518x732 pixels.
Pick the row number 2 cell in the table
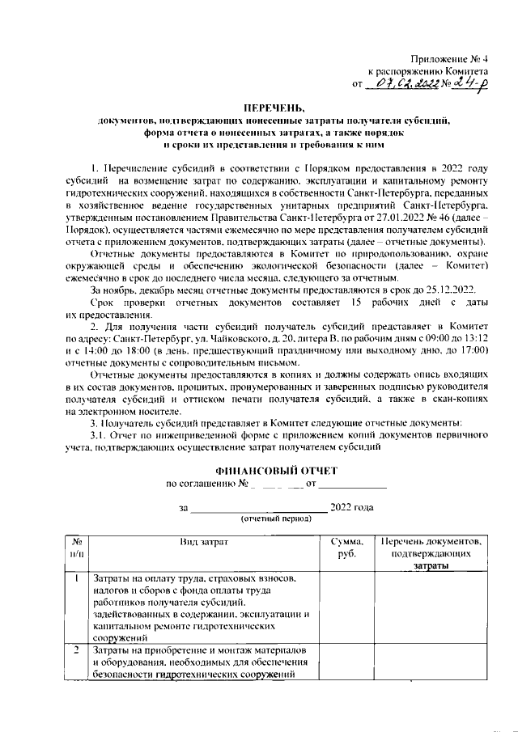tap(76, 650)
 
